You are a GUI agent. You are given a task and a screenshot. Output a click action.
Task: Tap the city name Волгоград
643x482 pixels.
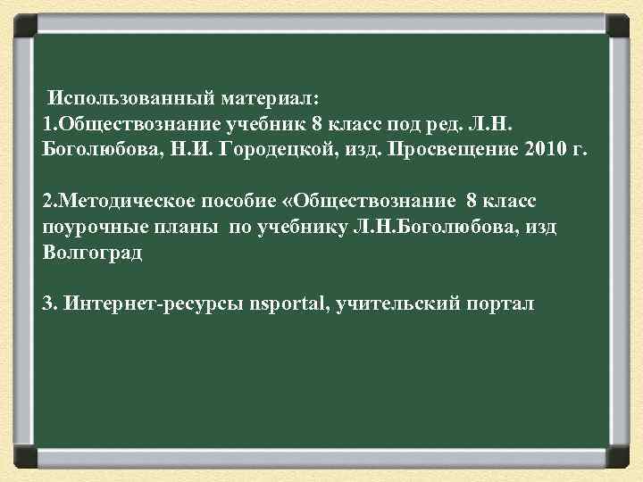coord(92,253)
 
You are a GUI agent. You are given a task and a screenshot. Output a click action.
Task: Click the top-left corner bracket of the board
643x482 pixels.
coord(24,24)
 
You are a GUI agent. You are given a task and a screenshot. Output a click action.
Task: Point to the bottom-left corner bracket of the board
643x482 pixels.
coord(24,457)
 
